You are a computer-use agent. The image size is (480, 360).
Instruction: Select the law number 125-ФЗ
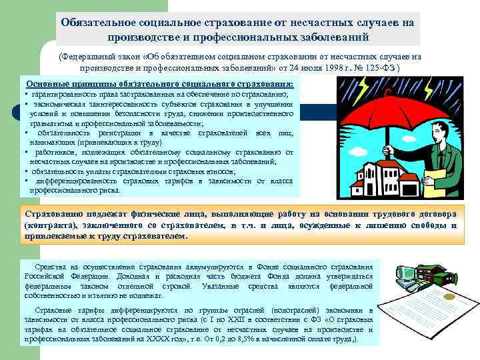393,67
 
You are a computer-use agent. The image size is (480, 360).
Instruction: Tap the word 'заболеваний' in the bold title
329,36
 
